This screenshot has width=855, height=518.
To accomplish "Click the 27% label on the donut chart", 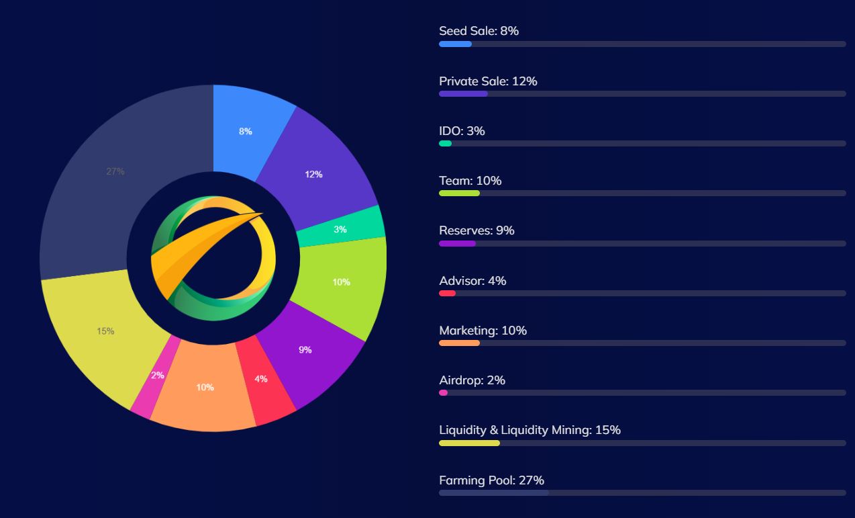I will [115, 171].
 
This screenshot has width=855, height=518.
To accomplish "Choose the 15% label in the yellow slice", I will [105, 331].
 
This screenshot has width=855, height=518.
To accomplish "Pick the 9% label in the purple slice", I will [305, 350].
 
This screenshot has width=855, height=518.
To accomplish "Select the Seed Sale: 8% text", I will [479, 31].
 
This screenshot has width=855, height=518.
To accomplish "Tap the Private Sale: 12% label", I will [488, 81].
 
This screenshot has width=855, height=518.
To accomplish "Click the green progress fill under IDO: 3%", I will [445, 144].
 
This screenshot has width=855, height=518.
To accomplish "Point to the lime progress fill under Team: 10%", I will [459, 193].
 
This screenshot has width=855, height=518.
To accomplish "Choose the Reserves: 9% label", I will [476, 230].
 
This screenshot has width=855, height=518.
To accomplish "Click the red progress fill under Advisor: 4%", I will [447, 294].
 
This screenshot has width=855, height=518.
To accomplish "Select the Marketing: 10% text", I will [483, 331].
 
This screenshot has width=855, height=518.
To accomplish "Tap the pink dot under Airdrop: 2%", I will [443, 393].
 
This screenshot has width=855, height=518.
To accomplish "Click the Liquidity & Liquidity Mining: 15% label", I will [530, 430].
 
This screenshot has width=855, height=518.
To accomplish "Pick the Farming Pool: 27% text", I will [491, 480].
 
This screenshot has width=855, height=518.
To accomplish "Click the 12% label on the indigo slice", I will [313, 175].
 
